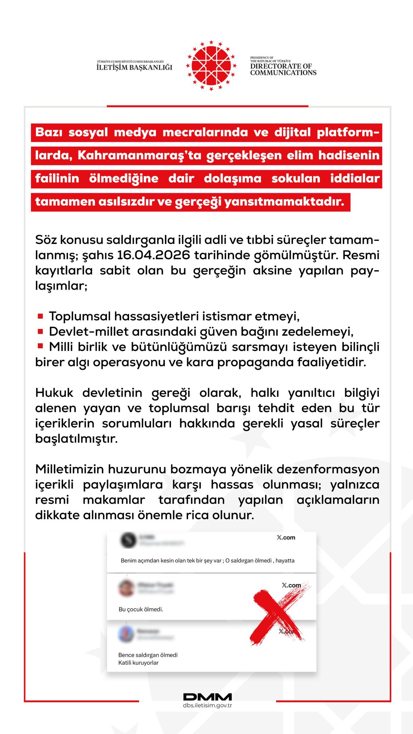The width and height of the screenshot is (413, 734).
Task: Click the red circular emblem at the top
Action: [211, 66]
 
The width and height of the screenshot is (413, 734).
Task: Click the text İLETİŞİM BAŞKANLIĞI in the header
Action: [134, 67]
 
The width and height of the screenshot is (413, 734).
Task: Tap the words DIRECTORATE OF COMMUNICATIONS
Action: [283, 69]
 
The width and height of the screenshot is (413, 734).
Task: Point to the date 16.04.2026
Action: [153, 255]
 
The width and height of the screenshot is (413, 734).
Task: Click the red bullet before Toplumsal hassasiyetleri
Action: [41, 316]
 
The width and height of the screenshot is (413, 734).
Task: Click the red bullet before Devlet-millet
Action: [41, 331]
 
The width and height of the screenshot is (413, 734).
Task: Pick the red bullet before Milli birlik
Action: [41, 346]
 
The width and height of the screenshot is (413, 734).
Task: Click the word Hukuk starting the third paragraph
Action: [54, 393]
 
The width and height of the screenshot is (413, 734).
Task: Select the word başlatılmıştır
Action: [76, 439]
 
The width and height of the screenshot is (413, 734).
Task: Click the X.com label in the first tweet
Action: [286, 538]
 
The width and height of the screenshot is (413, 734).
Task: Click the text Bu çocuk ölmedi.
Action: [141, 609]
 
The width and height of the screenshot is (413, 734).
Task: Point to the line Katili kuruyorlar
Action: [138, 663]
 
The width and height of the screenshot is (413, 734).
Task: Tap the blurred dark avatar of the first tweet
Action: [128, 540]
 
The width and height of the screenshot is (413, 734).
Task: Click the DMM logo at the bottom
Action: [207, 697]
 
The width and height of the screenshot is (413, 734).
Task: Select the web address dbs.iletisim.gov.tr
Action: [207, 705]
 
